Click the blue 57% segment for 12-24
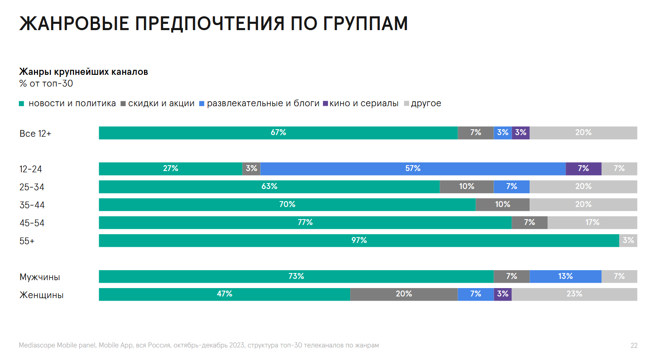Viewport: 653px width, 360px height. [x=413, y=169]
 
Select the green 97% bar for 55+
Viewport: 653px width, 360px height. [x=359, y=240]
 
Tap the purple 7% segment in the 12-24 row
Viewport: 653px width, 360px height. [x=583, y=169]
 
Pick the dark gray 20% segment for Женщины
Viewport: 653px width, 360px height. [x=404, y=294]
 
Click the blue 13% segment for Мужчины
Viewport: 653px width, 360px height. [x=565, y=276]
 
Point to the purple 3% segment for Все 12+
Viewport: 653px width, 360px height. [x=520, y=133]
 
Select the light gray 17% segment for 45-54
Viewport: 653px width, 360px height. [x=592, y=222]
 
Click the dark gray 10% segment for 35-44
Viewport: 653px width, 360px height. [x=502, y=204]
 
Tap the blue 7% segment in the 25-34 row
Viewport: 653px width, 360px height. [x=511, y=186]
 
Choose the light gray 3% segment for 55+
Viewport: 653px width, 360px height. [x=628, y=240]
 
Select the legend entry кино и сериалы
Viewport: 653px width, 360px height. [x=364, y=103]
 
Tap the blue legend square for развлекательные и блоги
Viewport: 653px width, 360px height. [x=202, y=104]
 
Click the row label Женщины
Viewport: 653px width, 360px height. [x=41, y=295]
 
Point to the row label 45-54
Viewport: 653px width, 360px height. [x=32, y=223]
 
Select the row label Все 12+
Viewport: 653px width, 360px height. [x=35, y=134]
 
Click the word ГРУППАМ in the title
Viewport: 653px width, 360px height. [x=365, y=23]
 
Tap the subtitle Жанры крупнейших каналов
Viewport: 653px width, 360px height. [x=84, y=72]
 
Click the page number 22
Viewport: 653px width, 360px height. [x=634, y=345]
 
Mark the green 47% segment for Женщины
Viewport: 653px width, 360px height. [x=224, y=294]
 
